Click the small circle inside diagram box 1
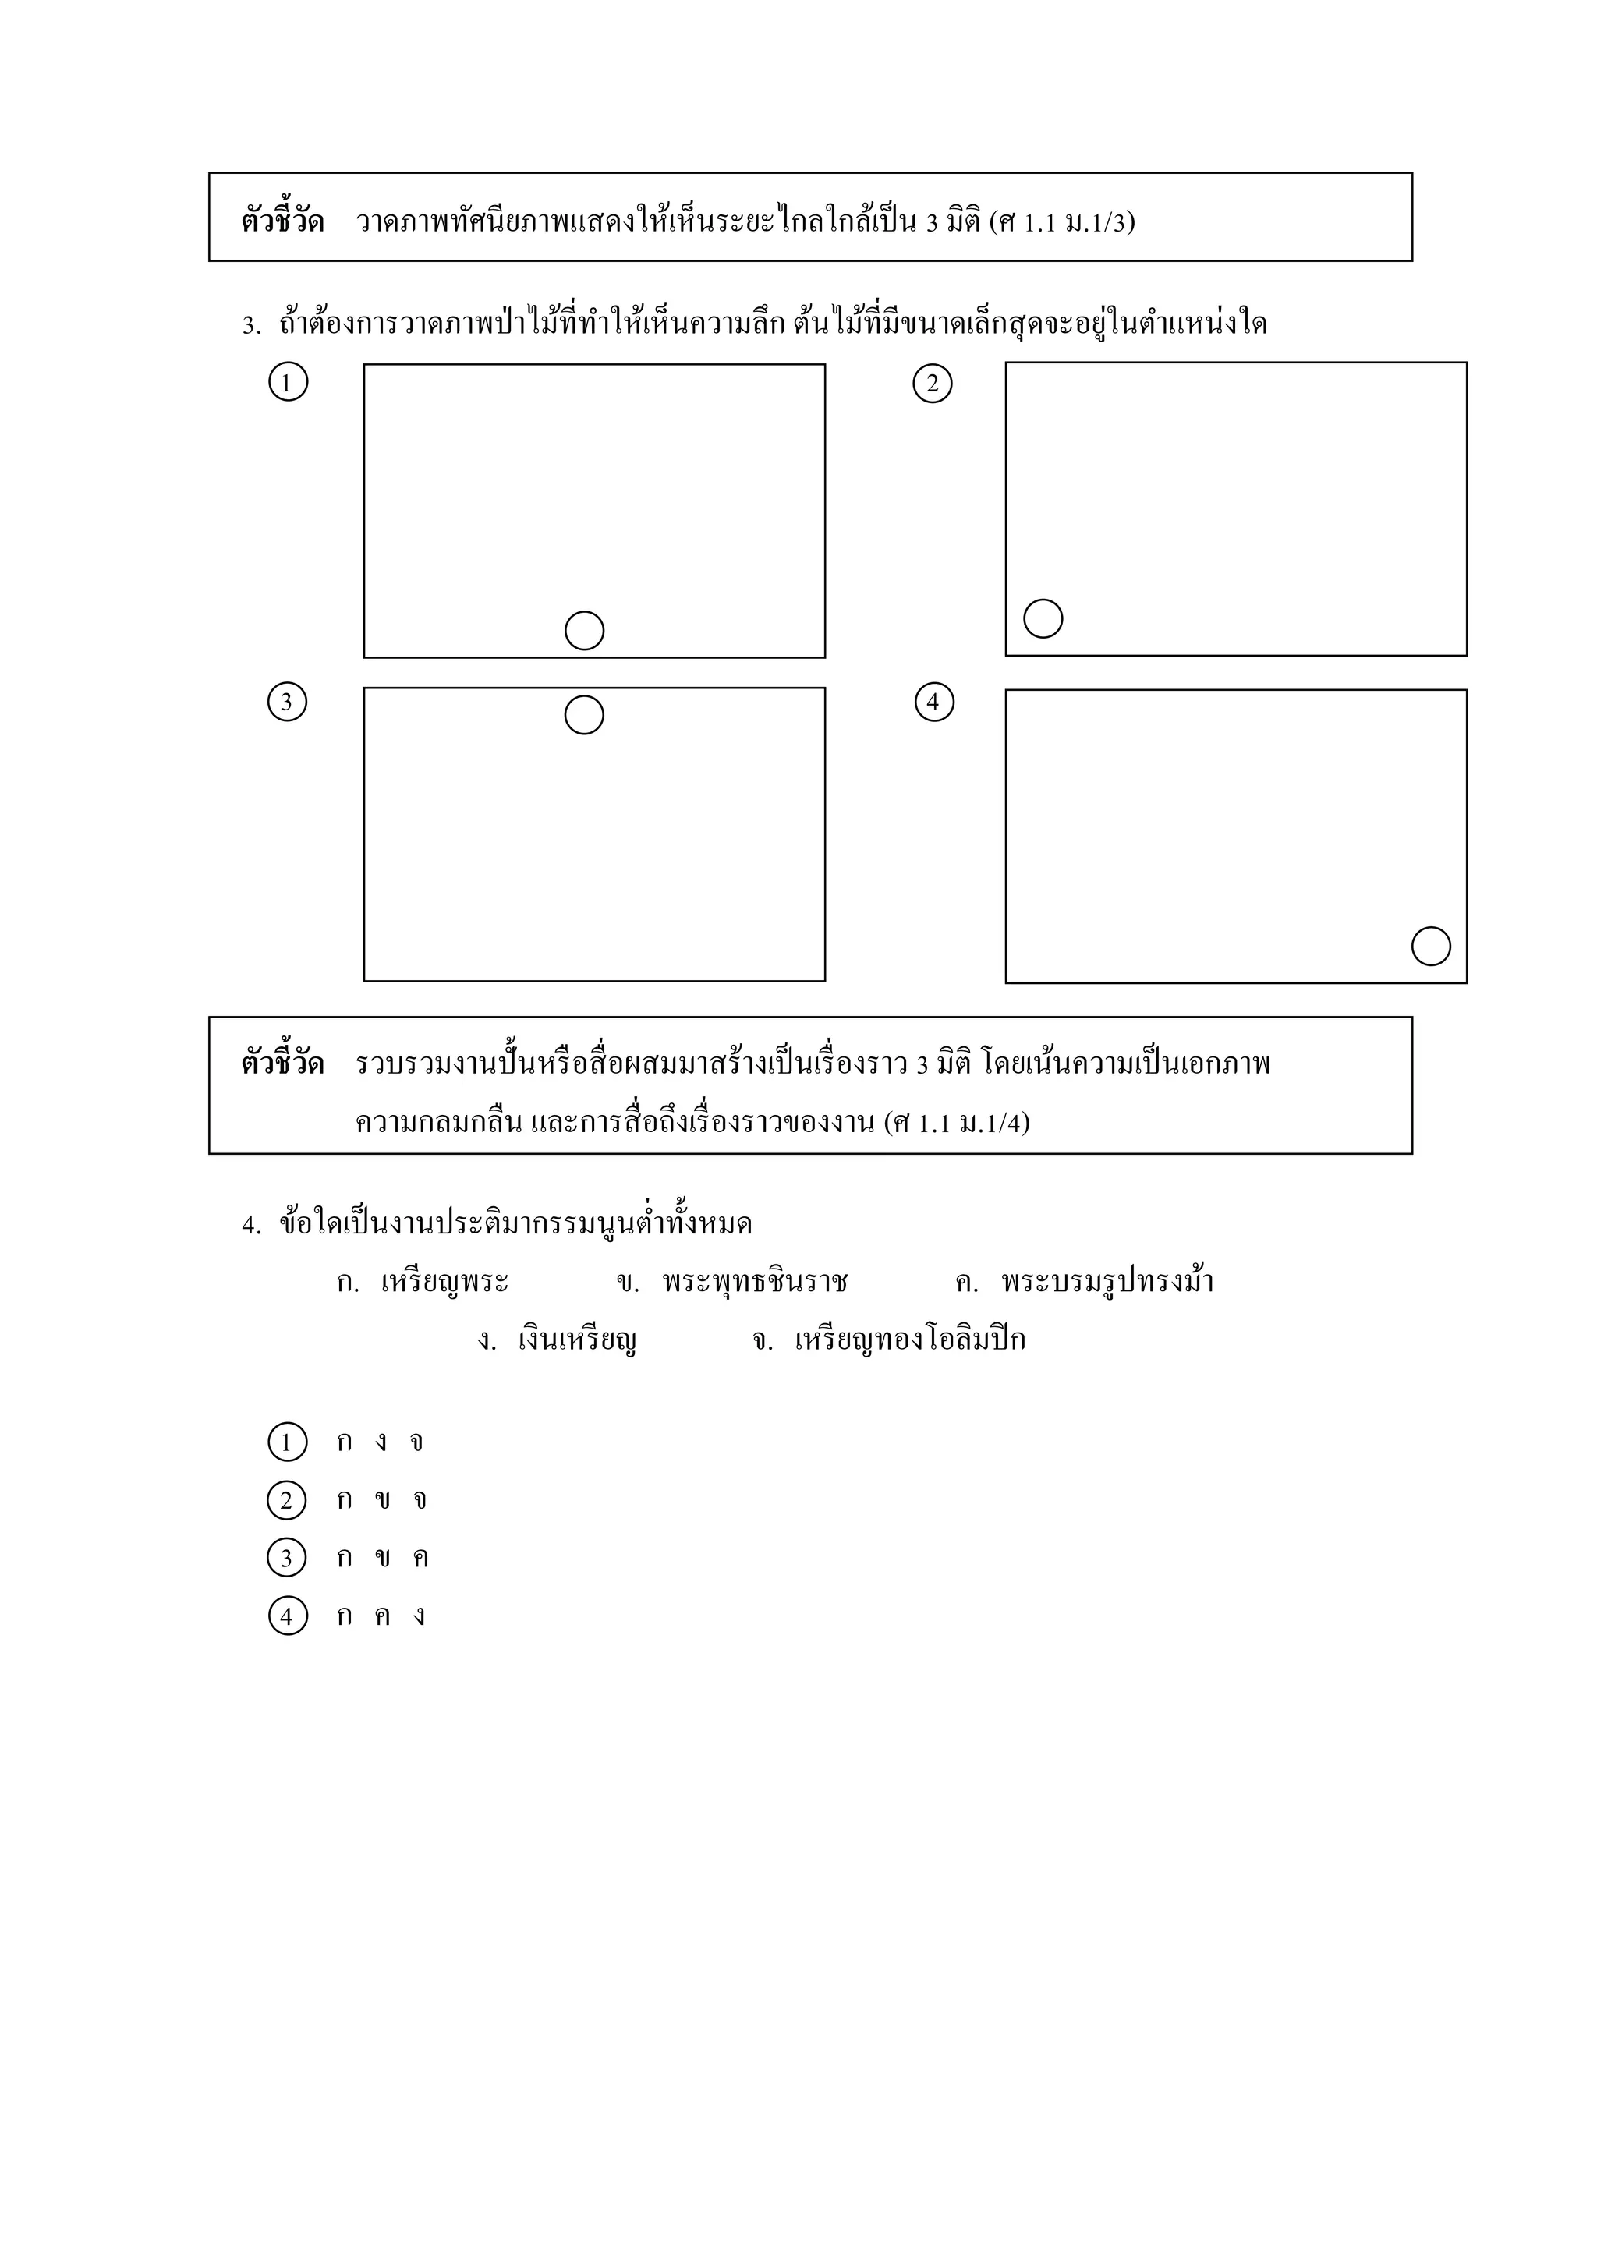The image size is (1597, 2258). point(584,631)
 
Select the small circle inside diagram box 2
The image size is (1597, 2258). point(1043,618)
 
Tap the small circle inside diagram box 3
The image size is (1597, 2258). point(584,715)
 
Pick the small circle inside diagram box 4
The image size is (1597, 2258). point(1431,946)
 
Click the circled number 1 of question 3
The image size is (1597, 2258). point(288,381)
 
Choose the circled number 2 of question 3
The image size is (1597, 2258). point(933,384)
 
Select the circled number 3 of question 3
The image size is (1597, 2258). point(287,703)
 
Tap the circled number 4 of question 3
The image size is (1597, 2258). point(934,703)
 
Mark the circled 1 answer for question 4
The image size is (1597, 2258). point(287,1442)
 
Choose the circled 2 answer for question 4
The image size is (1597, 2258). point(287,1501)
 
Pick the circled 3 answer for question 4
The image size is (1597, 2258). point(287,1558)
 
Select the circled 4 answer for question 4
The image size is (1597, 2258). point(287,1616)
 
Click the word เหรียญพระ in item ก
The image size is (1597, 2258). point(444,1283)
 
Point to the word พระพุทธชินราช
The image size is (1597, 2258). point(754,1283)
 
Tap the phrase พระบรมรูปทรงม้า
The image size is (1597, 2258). point(1107,1283)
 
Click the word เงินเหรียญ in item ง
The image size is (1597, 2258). point(577,1340)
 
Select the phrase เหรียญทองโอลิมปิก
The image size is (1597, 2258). point(910,1340)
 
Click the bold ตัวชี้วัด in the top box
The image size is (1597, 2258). point(282,221)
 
